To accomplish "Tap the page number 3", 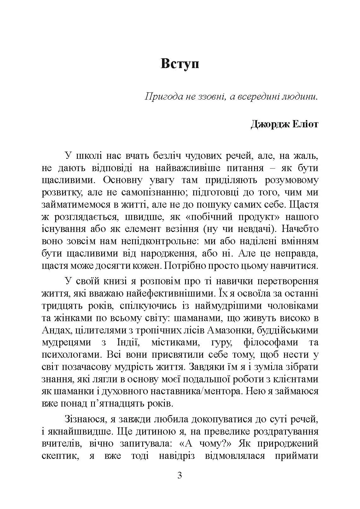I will (180, 475).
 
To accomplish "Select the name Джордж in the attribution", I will (267, 124).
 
